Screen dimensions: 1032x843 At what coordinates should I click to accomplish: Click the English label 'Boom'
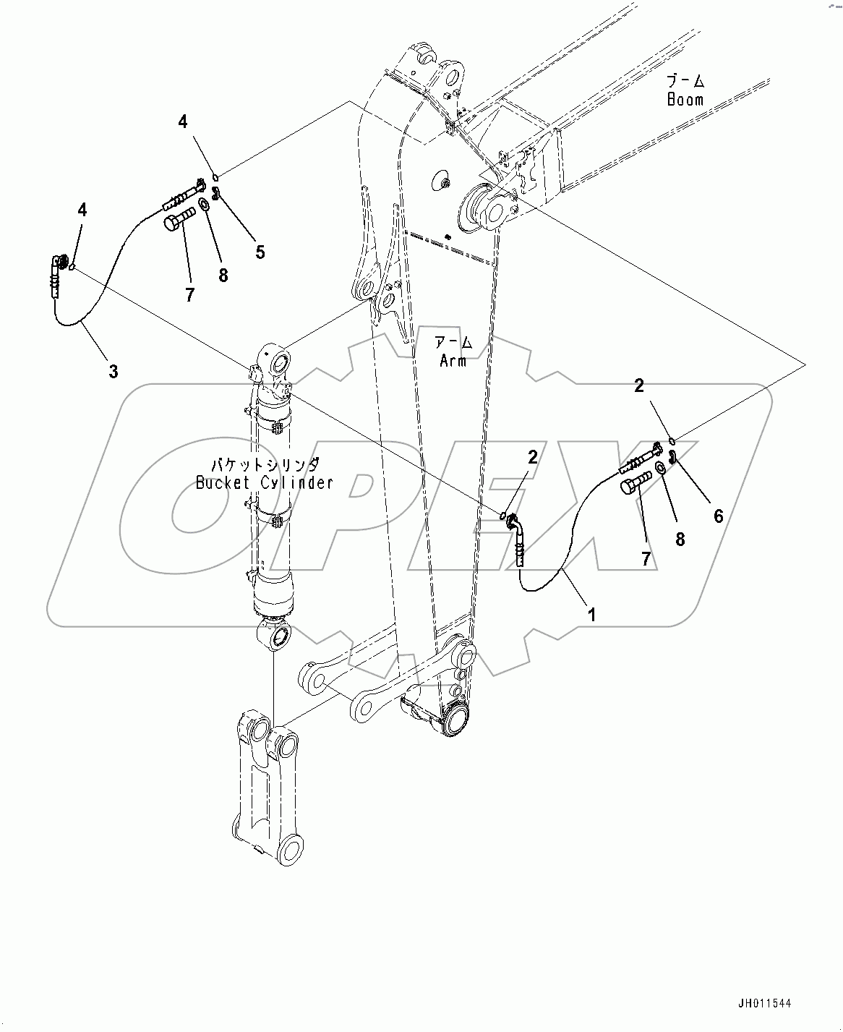click(685, 100)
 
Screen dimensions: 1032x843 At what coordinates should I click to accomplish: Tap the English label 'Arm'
click(453, 360)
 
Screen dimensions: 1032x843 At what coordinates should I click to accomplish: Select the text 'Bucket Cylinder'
click(265, 482)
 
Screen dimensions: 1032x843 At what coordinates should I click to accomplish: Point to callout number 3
click(114, 372)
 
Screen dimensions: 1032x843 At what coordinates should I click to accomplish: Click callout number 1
click(592, 615)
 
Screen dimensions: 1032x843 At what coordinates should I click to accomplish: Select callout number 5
click(260, 252)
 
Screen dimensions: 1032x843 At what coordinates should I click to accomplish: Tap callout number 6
click(718, 516)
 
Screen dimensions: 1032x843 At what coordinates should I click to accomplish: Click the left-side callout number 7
click(189, 295)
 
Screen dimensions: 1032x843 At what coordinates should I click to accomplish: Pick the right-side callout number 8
click(680, 539)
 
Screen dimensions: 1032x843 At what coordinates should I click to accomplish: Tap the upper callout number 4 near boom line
click(183, 122)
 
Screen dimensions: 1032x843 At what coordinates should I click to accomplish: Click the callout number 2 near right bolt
click(638, 386)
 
